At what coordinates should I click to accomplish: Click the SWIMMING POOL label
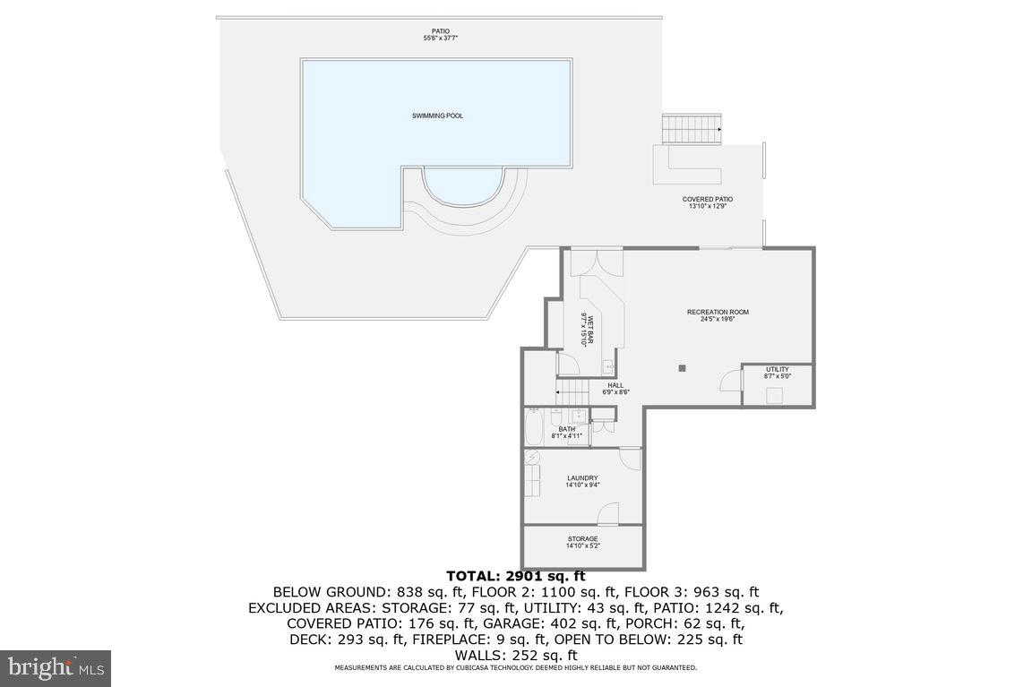point(437,116)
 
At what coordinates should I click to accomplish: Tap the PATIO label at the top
point(440,34)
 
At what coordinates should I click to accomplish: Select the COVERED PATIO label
point(707,202)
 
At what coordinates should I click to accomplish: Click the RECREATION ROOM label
point(718,314)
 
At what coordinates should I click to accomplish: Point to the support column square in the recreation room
point(683,367)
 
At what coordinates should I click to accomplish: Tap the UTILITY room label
point(777,373)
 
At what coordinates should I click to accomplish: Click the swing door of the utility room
point(730,382)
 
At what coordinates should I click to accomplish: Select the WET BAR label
point(589,329)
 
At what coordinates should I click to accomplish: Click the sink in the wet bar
point(608,365)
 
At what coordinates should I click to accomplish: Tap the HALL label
point(615,389)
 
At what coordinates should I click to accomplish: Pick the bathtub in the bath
point(533,427)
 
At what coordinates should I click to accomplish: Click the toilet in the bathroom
point(556,417)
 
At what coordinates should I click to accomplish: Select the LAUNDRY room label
point(582,481)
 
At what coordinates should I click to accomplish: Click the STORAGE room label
point(582,542)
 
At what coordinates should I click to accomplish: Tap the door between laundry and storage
point(609,515)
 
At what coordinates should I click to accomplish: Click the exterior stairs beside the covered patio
point(692,128)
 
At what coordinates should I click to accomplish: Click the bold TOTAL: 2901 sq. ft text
point(515,576)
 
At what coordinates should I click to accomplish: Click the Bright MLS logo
point(56,667)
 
